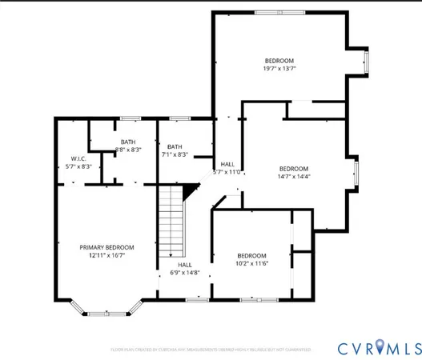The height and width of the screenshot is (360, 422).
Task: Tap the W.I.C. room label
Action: (x=78, y=158)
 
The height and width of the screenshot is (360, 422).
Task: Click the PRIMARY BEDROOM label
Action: (x=106, y=246)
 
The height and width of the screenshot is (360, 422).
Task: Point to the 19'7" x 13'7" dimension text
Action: (x=279, y=69)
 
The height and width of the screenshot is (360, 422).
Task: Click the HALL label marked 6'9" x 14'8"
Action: (x=185, y=265)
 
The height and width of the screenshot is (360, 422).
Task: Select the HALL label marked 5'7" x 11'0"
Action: (x=227, y=163)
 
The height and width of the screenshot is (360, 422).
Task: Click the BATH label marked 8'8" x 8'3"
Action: (x=128, y=142)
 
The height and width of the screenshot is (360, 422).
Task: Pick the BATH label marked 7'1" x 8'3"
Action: (x=175, y=146)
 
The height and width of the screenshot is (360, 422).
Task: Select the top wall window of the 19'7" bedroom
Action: (x=279, y=11)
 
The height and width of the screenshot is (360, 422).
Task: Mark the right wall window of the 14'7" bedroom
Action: (x=356, y=171)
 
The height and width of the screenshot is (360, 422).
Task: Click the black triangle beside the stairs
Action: (x=190, y=190)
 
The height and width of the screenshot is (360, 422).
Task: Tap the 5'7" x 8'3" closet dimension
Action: (x=78, y=166)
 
